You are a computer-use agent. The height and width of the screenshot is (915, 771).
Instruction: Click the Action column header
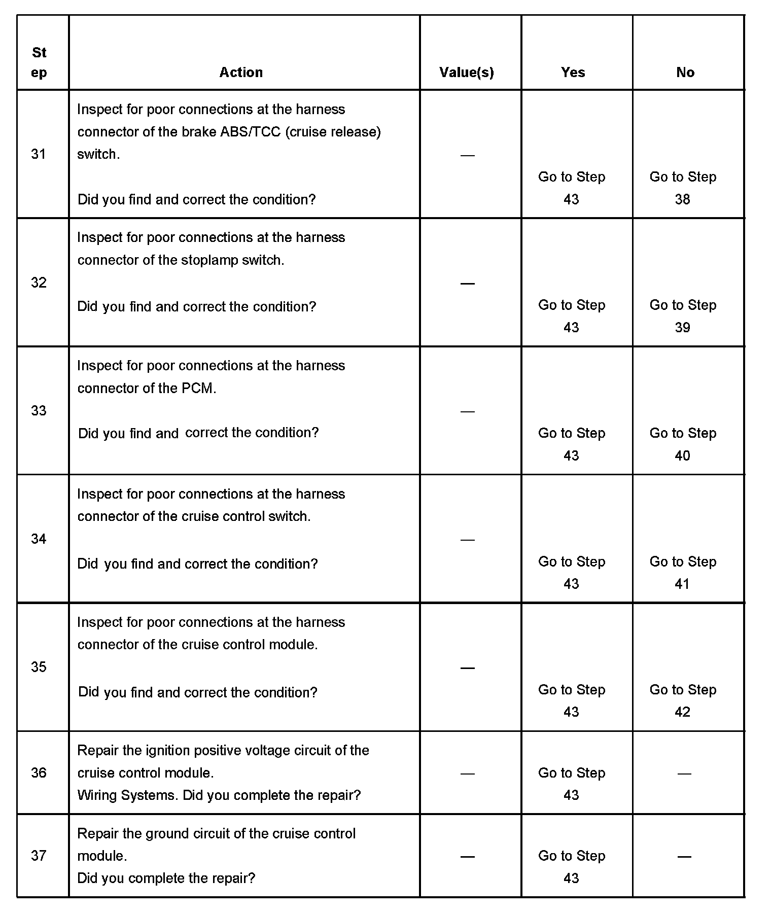(x=241, y=72)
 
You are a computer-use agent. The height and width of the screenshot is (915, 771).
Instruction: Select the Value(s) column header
(x=467, y=72)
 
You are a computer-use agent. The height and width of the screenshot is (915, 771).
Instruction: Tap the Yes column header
(x=573, y=72)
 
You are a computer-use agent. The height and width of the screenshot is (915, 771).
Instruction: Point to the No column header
(x=685, y=72)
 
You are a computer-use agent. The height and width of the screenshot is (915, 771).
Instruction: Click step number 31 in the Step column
(x=39, y=154)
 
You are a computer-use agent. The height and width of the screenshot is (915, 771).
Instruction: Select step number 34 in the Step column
(x=39, y=539)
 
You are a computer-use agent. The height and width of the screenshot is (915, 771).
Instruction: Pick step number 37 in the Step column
(x=39, y=856)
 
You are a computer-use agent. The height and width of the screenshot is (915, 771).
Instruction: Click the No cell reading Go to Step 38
(x=683, y=188)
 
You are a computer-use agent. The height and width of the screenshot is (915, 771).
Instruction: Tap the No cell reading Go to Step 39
(x=683, y=316)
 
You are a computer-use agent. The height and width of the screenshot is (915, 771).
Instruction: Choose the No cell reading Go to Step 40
(x=683, y=444)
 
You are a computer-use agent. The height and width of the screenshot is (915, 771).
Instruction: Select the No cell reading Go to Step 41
(x=683, y=573)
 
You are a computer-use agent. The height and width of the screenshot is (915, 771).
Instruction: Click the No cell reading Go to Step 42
(x=683, y=700)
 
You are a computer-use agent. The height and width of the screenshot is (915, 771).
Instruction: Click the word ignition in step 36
(x=168, y=750)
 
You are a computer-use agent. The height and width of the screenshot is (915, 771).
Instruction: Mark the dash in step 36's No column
(x=684, y=773)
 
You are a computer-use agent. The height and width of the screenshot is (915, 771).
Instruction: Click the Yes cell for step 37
(x=572, y=867)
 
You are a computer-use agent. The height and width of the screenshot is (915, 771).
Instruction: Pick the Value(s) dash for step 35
(x=467, y=668)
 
